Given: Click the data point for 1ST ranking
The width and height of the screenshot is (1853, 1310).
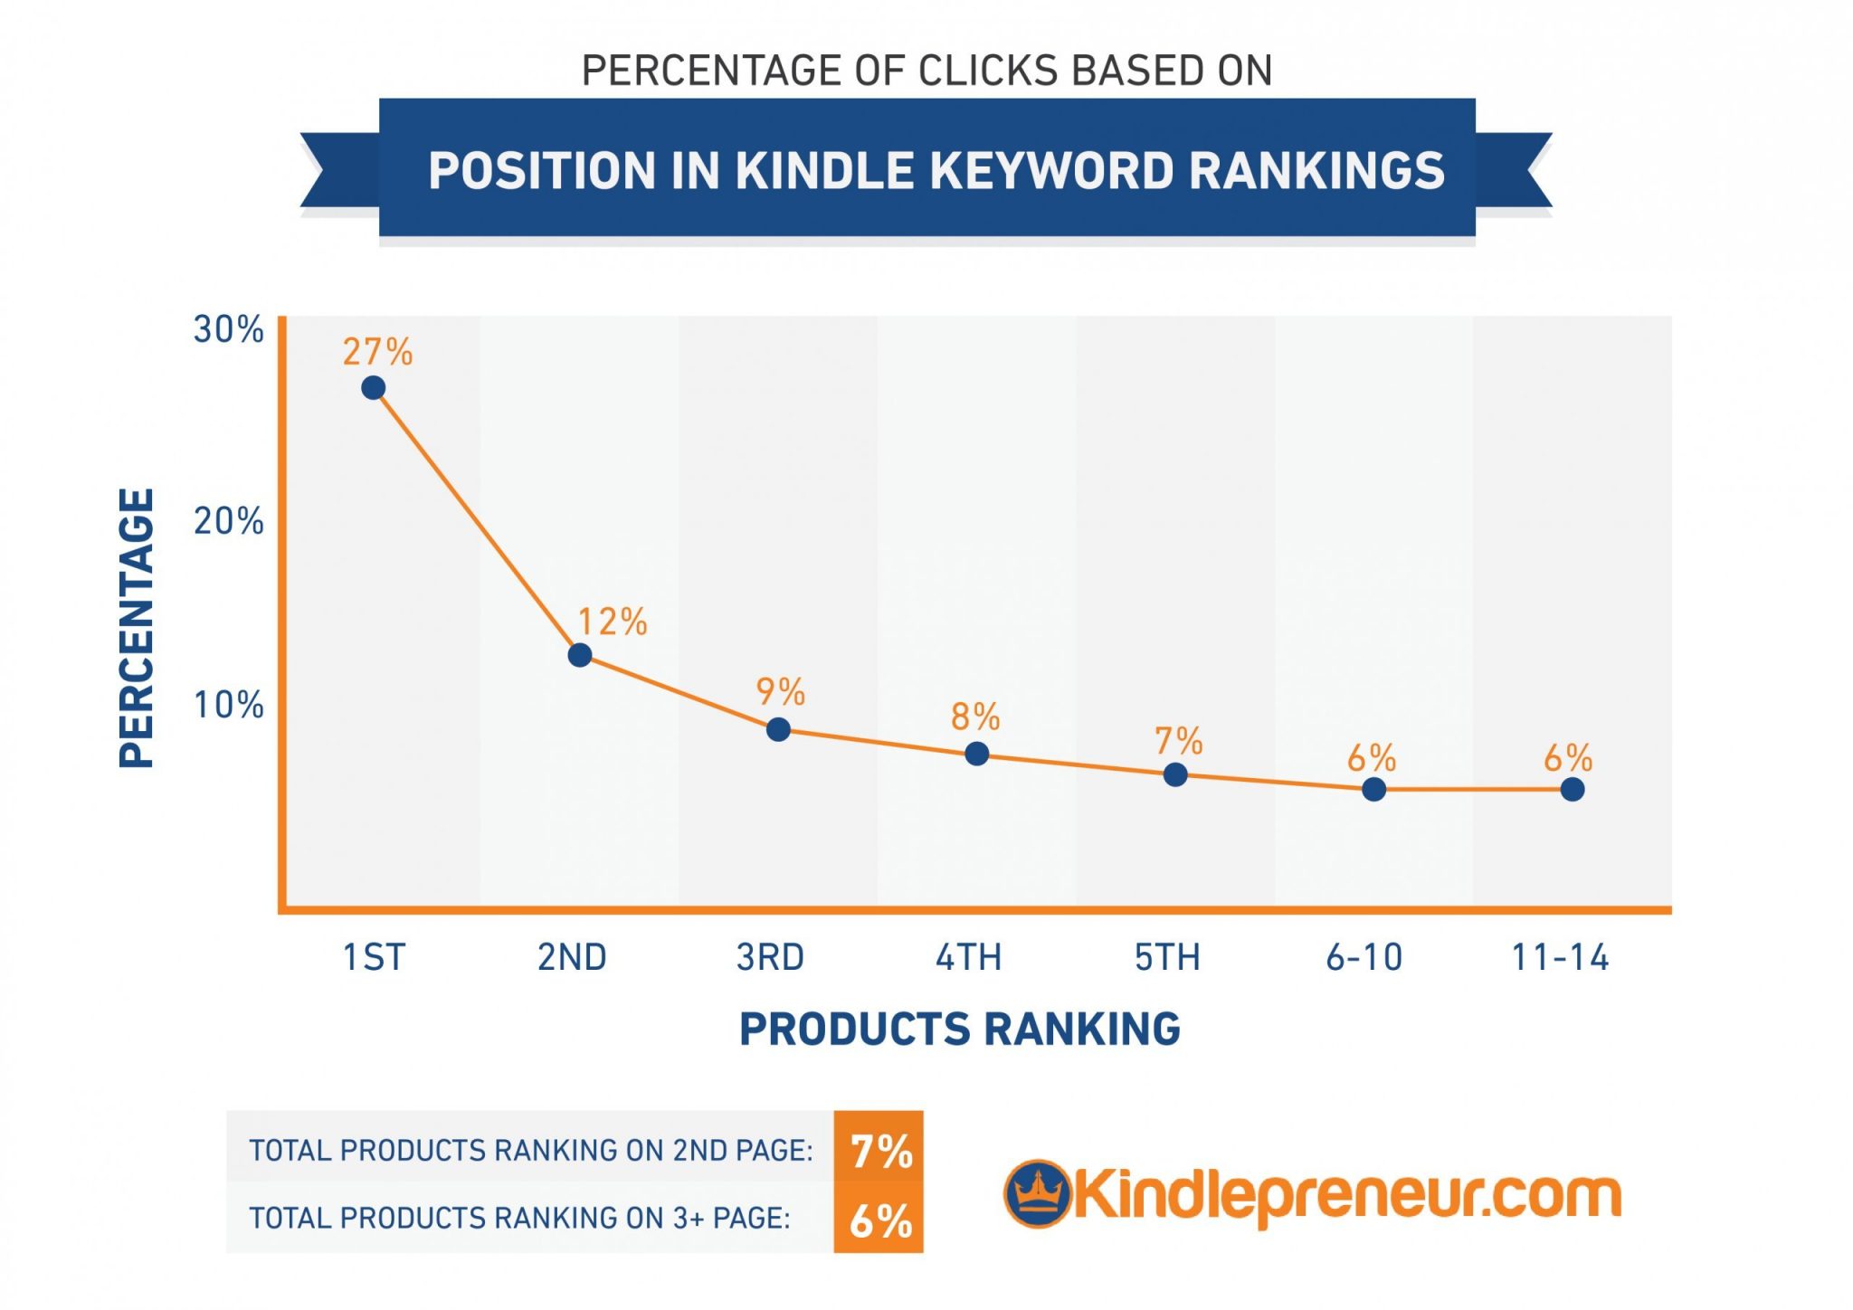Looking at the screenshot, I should tap(373, 388).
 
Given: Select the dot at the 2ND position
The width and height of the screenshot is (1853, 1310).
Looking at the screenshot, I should tap(580, 655).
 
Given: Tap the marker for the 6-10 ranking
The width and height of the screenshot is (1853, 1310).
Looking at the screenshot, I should tap(1373, 790).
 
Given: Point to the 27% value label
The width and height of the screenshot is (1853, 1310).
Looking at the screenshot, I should tap(377, 352).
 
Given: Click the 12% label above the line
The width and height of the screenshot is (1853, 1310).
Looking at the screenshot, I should tap(613, 622).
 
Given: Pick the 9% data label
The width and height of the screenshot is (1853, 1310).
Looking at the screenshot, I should tap(780, 692).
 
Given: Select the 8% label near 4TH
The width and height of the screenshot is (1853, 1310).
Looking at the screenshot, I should tap(975, 717).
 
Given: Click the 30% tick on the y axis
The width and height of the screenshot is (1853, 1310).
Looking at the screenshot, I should tap(228, 330).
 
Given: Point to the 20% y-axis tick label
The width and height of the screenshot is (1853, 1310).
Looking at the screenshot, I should tap(228, 522).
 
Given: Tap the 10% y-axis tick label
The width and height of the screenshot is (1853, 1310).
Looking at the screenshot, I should tap(228, 706).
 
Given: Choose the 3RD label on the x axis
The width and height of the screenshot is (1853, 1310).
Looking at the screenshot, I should tap(770, 957).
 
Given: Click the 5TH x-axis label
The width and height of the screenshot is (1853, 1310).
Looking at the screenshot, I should tap(1167, 957).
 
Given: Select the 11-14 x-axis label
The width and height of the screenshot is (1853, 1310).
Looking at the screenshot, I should tap(1560, 957).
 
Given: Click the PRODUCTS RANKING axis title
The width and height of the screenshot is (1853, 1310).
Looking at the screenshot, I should tap(959, 1030).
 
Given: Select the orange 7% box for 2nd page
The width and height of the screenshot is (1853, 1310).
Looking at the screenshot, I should tap(879, 1151).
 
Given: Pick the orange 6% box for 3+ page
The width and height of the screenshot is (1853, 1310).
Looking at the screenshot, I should tap(879, 1220).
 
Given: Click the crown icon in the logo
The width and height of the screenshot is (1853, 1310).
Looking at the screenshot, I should tap(1037, 1194).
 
